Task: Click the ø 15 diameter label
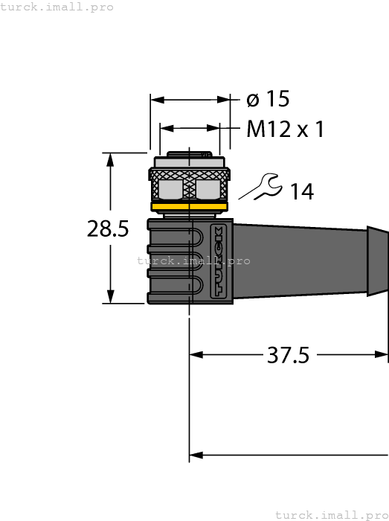tap(267, 99)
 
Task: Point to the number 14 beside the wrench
tap(301, 191)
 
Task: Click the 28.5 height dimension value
tap(108, 228)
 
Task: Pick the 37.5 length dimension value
tap(288, 356)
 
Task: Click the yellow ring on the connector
tap(190, 207)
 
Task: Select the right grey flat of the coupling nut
tap(211, 189)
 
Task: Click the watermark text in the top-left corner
tap(57, 7)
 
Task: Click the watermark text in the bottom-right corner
tap(331, 514)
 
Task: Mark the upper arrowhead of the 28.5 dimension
tap(111, 159)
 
